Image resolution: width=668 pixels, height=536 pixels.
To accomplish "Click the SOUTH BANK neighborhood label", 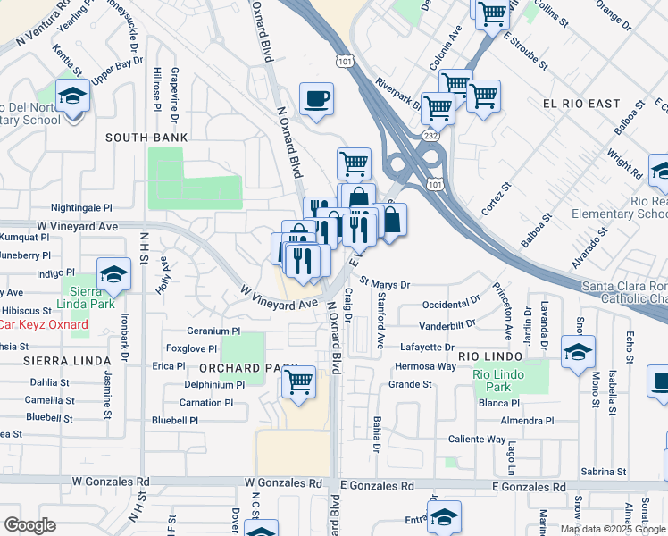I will (146, 138).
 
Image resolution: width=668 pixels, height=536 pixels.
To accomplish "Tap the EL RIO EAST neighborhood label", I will (581, 105).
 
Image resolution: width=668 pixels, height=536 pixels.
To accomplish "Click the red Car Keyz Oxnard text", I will (43, 324).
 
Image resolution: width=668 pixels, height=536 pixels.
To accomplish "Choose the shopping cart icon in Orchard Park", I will (299, 381).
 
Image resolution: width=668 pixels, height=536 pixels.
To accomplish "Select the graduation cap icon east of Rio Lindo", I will (578, 350).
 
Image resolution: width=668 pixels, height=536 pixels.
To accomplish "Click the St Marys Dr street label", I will (385, 285).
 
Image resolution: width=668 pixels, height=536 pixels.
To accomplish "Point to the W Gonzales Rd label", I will (284, 483).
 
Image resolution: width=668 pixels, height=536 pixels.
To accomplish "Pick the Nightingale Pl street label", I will (83, 206).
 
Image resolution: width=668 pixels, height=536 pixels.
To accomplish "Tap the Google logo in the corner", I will (30, 525).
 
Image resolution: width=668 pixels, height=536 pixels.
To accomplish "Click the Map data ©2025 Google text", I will (612, 529).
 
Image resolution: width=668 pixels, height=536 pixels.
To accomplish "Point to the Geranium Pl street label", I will (189, 329).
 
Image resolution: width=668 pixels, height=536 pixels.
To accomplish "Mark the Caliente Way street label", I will (476, 440).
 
